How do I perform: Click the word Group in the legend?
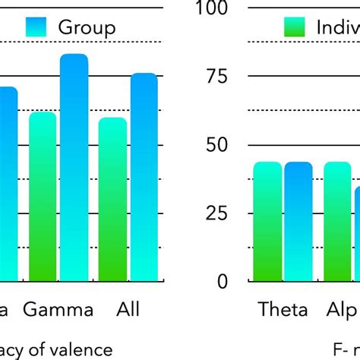pos(87,28)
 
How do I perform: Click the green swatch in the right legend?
pos(294,28)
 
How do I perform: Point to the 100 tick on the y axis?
pos(212,9)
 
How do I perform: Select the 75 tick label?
pos(214,76)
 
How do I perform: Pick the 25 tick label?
pos(214,213)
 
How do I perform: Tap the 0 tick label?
pos(222,281)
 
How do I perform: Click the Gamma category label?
pos(58,309)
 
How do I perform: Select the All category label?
pos(129,309)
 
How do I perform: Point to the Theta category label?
pos(283,309)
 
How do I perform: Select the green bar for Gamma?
pos(43,197)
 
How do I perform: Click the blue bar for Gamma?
pos(74,168)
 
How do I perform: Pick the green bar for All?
pos(113,199)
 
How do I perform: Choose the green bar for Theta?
pos(267,221)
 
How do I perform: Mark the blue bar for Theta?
pos(298,221)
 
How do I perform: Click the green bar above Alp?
pos(338,221)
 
